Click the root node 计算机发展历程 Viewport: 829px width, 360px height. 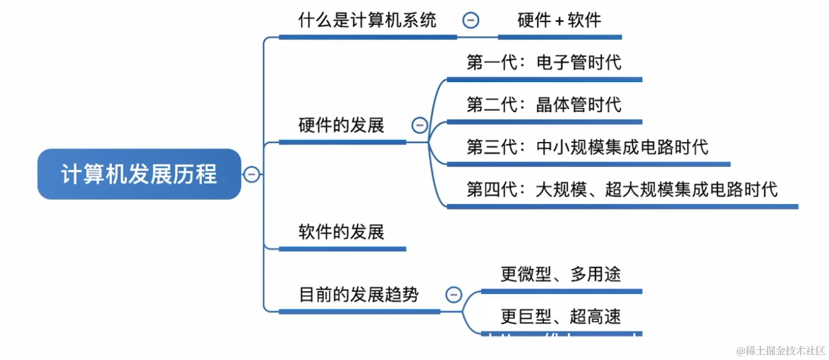tap(139, 174)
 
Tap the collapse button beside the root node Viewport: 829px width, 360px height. tap(251, 174)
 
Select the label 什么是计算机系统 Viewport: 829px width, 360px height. tap(367, 21)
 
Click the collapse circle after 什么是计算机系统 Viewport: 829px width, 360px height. tap(471, 21)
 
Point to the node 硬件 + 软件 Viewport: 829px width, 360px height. tap(559, 21)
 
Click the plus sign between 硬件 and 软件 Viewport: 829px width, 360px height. tap(559, 22)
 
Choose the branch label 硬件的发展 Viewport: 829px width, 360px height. tap(341, 125)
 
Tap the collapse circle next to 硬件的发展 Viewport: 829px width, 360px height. tap(420, 125)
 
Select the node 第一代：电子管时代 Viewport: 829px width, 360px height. tap(544, 62)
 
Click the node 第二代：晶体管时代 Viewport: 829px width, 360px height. tap(544, 105)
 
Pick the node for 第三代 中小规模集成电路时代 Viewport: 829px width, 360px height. tap(588, 147)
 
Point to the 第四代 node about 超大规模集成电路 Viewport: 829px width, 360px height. tap(622, 189)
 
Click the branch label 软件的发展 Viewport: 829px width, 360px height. tap(341, 232)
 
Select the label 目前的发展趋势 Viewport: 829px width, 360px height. tap(358, 294)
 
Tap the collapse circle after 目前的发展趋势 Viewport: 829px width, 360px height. tap(454, 294)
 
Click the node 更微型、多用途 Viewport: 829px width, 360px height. tap(560, 274)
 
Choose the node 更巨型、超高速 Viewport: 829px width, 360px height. tap(560, 317)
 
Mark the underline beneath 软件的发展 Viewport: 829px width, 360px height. tap(342, 249)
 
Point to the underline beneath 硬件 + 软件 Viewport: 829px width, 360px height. tap(560, 37)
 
